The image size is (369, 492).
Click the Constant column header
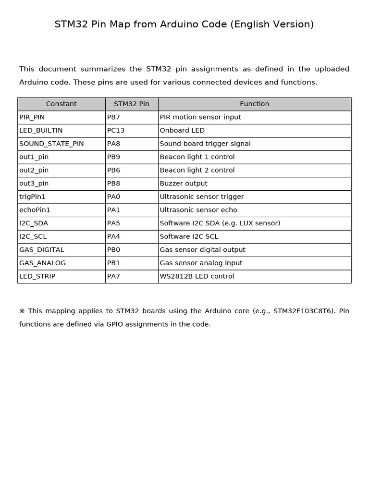tap(61, 104)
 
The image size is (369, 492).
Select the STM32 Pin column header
tap(132, 104)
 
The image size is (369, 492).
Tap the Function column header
tap(254, 104)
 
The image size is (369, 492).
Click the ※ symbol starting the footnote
tap(22, 311)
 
